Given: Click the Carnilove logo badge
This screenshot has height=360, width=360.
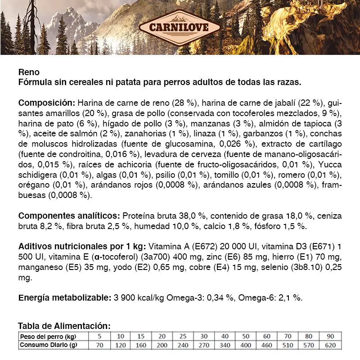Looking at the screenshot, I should click(180, 27).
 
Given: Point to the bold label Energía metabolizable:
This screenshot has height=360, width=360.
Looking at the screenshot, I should click(64, 297).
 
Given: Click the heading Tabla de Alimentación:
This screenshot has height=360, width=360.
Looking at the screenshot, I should click(64, 325).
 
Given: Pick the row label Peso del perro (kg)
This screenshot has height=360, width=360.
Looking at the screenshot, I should click(47, 337).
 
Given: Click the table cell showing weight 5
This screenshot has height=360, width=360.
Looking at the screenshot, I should click(100, 337).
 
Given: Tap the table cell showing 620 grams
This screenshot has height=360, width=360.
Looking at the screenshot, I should click(330, 345).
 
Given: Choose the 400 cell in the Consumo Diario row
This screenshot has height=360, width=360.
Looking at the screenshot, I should click(246, 345).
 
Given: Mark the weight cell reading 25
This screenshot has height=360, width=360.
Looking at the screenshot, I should click(183, 337).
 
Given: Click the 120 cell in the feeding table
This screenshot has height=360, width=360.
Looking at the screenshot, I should click(121, 345).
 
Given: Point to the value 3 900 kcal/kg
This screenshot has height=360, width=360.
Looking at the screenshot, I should click(139, 297).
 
